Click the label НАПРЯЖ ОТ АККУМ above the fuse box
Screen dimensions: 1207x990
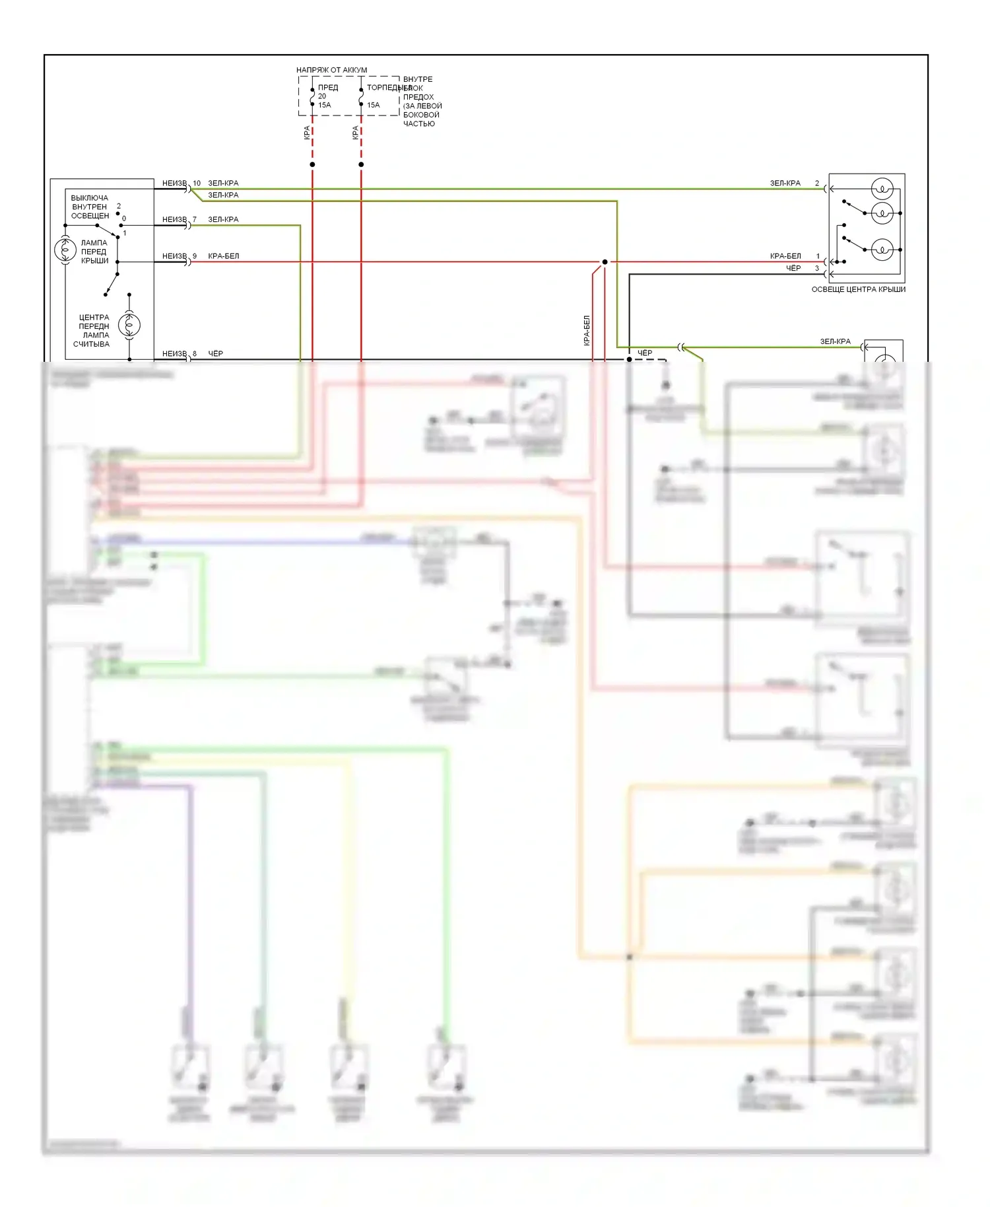(331, 70)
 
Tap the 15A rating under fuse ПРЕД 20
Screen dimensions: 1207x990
(325, 105)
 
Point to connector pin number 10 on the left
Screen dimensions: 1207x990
(197, 183)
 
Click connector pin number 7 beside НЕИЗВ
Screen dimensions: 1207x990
(195, 219)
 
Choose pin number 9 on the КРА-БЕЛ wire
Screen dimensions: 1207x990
(195, 256)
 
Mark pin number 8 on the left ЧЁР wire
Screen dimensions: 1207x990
(195, 354)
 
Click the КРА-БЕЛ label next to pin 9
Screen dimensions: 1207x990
(224, 256)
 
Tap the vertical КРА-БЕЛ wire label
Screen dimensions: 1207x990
(586, 330)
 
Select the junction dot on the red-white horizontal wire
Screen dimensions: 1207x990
(605, 262)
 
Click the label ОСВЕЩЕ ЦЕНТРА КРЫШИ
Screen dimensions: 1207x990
(858, 289)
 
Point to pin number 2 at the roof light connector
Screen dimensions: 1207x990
(817, 183)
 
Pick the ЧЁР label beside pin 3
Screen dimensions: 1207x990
(793, 268)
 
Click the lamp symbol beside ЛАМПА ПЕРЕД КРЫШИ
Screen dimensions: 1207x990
(65, 250)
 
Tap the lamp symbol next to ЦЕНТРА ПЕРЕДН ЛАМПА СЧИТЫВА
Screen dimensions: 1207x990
(129, 325)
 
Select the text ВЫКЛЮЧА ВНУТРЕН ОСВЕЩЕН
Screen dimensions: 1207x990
(90, 207)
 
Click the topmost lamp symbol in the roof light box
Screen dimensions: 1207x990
(882, 189)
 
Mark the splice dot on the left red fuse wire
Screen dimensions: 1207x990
(312, 164)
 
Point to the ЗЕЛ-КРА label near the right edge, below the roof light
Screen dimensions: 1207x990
(835, 341)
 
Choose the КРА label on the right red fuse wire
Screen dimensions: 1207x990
(356, 133)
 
